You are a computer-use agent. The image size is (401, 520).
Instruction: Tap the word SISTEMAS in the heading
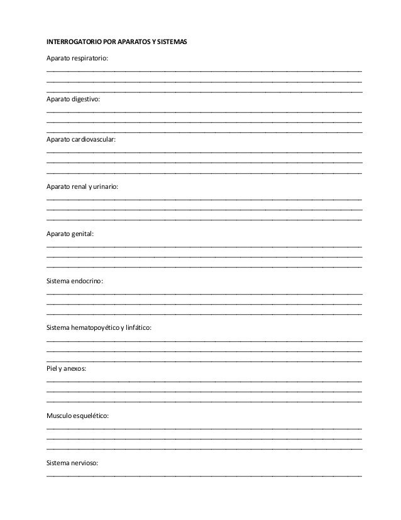(x=170, y=42)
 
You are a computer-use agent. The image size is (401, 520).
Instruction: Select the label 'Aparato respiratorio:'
(x=77, y=58)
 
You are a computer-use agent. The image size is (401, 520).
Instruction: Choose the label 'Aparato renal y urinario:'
(x=82, y=187)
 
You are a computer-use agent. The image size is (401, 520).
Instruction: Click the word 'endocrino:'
(x=89, y=281)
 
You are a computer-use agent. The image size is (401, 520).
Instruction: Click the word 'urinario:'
(x=104, y=187)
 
